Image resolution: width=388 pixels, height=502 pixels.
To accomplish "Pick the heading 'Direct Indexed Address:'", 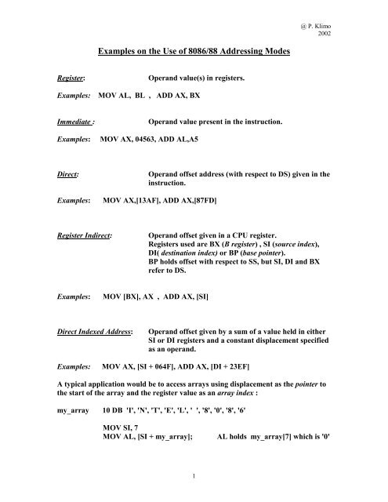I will [x=72, y=332].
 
